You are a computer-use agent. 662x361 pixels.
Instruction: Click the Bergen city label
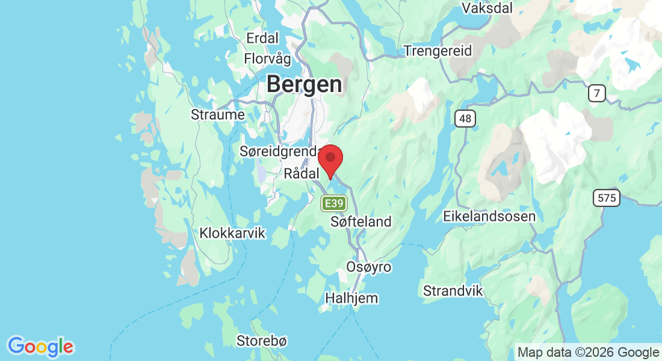tap(304, 84)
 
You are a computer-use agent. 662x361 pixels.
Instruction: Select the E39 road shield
tap(334, 204)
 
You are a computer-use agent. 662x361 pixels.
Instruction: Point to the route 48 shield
tap(465, 119)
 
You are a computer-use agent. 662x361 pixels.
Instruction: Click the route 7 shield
tap(597, 93)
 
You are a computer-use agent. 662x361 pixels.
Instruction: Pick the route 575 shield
tap(605, 198)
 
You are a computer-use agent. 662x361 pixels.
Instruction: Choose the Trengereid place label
tap(438, 51)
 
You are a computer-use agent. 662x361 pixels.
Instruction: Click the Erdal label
tap(262, 39)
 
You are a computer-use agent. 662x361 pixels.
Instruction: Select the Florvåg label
tap(267, 59)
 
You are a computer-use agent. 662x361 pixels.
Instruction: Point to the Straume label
tap(217, 114)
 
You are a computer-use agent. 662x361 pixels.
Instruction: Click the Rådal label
tap(300, 174)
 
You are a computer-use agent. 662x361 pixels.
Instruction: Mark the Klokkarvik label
tap(232, 233)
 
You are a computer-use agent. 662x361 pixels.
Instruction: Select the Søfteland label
tap(361, 221)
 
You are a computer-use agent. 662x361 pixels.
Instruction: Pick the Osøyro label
tap(369, 267)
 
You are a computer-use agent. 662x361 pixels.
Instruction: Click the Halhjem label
tap(351, 298)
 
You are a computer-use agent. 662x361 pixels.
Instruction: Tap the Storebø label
tap(262, 341)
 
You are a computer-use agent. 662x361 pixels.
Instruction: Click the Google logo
tap(40, 347)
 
